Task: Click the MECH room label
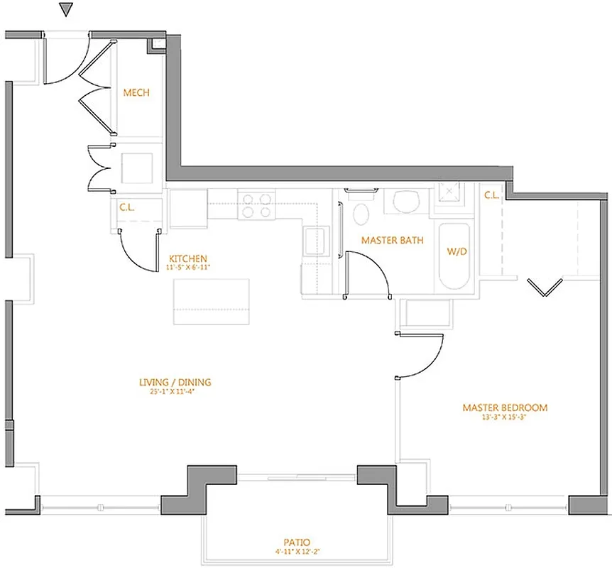click(136, 93)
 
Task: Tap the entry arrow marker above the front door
click(66, 9)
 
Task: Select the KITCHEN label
click(187, 258)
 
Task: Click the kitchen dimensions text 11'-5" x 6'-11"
click(187, 268)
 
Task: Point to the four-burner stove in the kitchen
click(256, 205)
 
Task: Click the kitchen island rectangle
click(212, 302)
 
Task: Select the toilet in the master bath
click(360, 212)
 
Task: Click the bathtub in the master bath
click(454, 257)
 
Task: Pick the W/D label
click(455, 251)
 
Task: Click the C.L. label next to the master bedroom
click(491, 195)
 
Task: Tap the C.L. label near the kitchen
click(128, 208)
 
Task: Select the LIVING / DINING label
click(175, 383)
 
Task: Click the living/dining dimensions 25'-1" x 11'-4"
click(175, 392)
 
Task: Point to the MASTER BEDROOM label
click(505, 408)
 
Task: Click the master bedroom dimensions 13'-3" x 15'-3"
click(505, 417)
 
